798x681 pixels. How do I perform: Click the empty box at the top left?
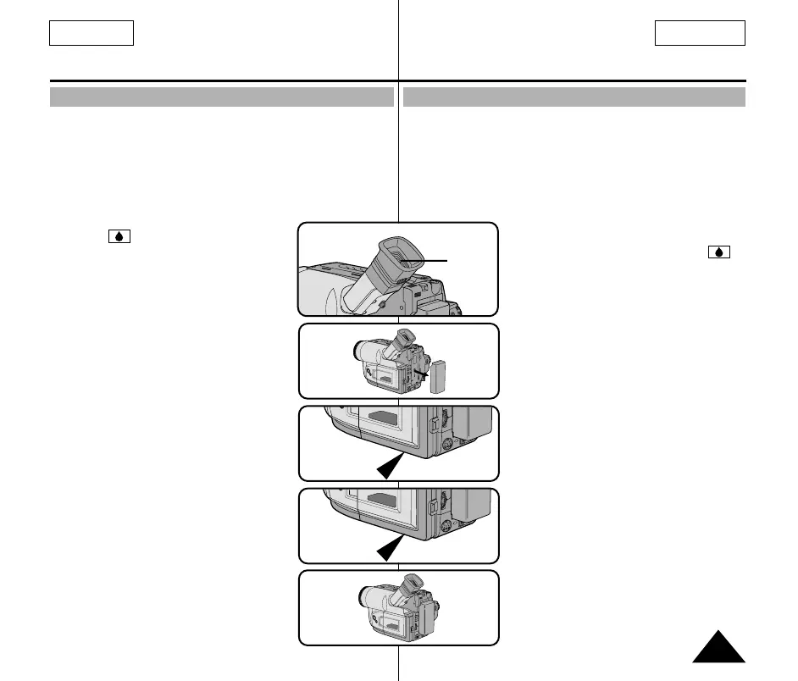(91, 33)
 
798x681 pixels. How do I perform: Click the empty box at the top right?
(700, 33)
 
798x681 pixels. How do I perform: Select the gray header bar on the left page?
(222, 97)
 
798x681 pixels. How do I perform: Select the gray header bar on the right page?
(574, 97)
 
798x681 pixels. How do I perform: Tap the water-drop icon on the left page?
(119, 236)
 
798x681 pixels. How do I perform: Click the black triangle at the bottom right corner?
(718, 648)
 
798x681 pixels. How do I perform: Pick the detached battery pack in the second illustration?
(439, 377)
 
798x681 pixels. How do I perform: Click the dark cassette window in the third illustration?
(386, 418)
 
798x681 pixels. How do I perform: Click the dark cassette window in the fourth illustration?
(386, 500)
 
